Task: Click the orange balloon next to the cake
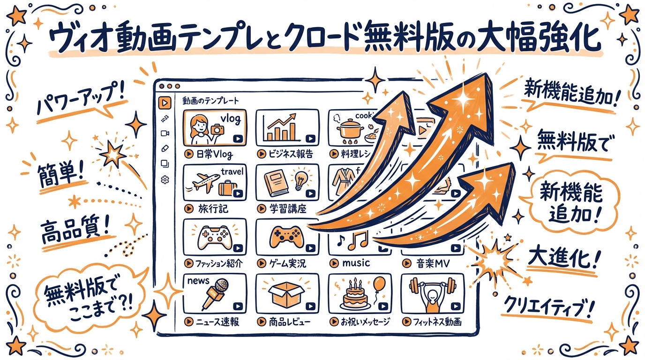tap(379, 284)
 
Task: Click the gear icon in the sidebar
tap(165, 179)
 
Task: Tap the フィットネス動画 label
tap(434, 322)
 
